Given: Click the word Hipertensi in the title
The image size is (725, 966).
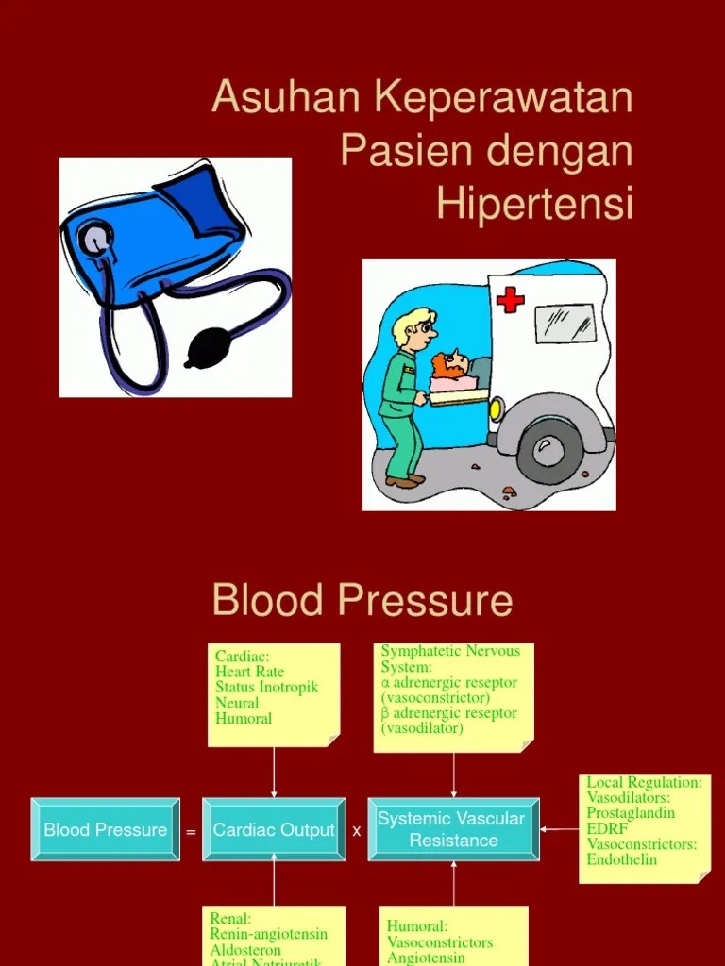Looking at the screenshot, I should [534, 204].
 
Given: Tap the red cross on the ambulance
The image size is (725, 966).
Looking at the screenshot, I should [510, 300].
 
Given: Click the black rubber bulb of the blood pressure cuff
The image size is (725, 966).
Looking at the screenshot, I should [208, 349].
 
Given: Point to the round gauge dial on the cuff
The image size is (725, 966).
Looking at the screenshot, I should [94, 240].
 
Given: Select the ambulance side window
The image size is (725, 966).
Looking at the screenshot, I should [565, 324].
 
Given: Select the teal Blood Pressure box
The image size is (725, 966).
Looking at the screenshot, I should [105, 830].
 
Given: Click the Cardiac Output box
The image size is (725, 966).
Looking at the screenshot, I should [274, 830].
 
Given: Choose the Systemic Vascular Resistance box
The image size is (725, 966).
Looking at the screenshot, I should [453, 829].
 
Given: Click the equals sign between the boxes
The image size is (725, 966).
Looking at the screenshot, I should [191, 832].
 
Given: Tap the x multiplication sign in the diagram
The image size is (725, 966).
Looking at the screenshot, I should [357, 831].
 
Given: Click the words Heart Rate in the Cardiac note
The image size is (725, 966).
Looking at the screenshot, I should [249, 672].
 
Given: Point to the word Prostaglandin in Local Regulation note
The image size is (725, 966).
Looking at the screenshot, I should [631, 813].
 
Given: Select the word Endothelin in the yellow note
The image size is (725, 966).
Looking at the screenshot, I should [621, 859].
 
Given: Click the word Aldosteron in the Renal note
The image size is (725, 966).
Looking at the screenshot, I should [245, 950].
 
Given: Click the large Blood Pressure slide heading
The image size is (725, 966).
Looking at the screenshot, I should [362, 601].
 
